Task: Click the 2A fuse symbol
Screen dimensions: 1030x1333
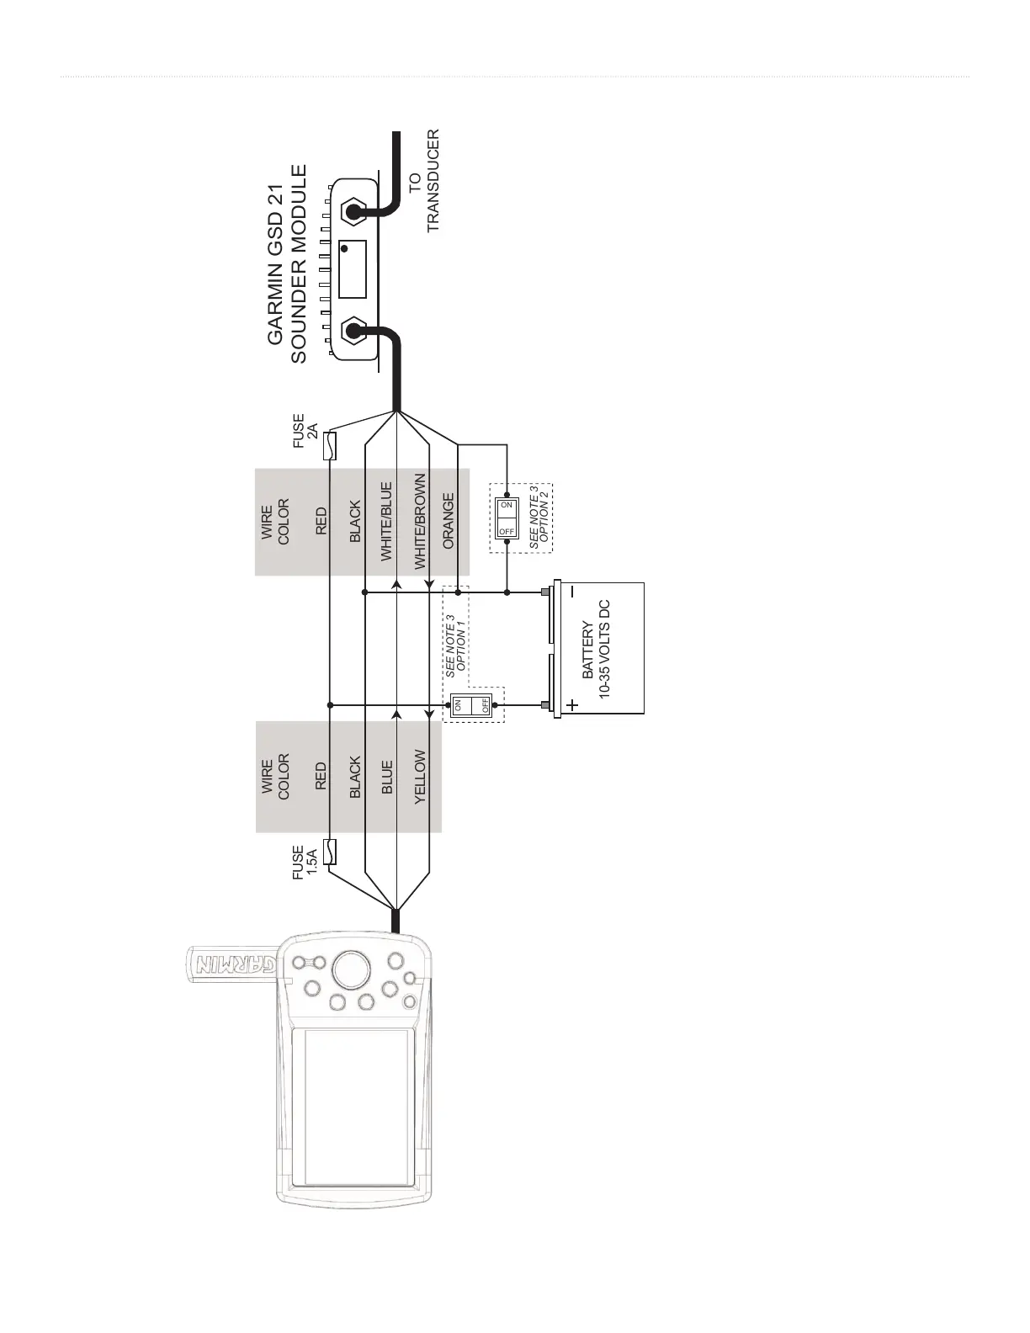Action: click(x=331, y=445)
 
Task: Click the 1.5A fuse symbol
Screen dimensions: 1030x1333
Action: click(x=331, y=852)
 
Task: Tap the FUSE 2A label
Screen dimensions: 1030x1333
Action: click(x=305, y=431)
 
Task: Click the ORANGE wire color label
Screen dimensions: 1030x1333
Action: click(x=449, y=521)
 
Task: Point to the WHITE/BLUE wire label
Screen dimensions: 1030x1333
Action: click(x=386, y=521)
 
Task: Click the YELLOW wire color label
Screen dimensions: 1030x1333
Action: click(x=420, y=777)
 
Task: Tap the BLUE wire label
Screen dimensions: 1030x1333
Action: click(x=386, y=778)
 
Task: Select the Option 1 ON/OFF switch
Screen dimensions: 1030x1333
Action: click(x=471, y=705)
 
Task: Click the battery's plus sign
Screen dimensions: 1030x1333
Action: click(x=573, y=705)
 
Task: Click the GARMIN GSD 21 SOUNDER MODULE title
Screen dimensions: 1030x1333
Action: click(x=287, y=263)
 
